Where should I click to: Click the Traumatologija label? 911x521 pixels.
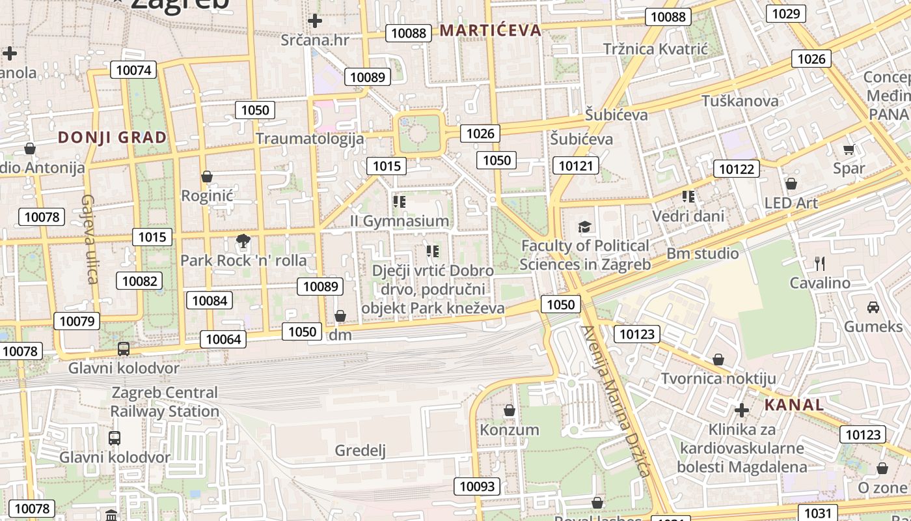click(x=310, y=138)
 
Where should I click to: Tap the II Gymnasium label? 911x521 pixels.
click(x=400, y=221)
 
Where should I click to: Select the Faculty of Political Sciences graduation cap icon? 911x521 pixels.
click(x=585, y=227)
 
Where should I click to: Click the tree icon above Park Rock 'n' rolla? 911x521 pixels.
click(x=243, y=242)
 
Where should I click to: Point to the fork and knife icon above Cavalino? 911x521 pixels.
click(x=820, y=264)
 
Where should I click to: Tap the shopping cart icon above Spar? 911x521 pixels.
click(x=849, y=150)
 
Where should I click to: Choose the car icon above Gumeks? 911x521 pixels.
click(x=873, y=307)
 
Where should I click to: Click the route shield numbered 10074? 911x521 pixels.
click(x=135, y=70)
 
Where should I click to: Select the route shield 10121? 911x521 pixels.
click(x=576, y=165)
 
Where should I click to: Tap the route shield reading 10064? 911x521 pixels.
click(x=223, y=339)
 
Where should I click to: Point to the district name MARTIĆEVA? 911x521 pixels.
click(x=491, y=30)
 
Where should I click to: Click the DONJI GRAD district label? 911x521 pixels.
click(x=113, y=137)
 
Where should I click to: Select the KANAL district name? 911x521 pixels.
click(x=794, y=404)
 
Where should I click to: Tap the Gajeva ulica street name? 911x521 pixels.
click(x=89, y=239)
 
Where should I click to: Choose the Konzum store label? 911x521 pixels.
click(x=510, y=430)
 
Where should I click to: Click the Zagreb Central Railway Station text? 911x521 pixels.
click(x=165, y=402)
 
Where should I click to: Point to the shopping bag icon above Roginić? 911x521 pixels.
click(x=207, y=176)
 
